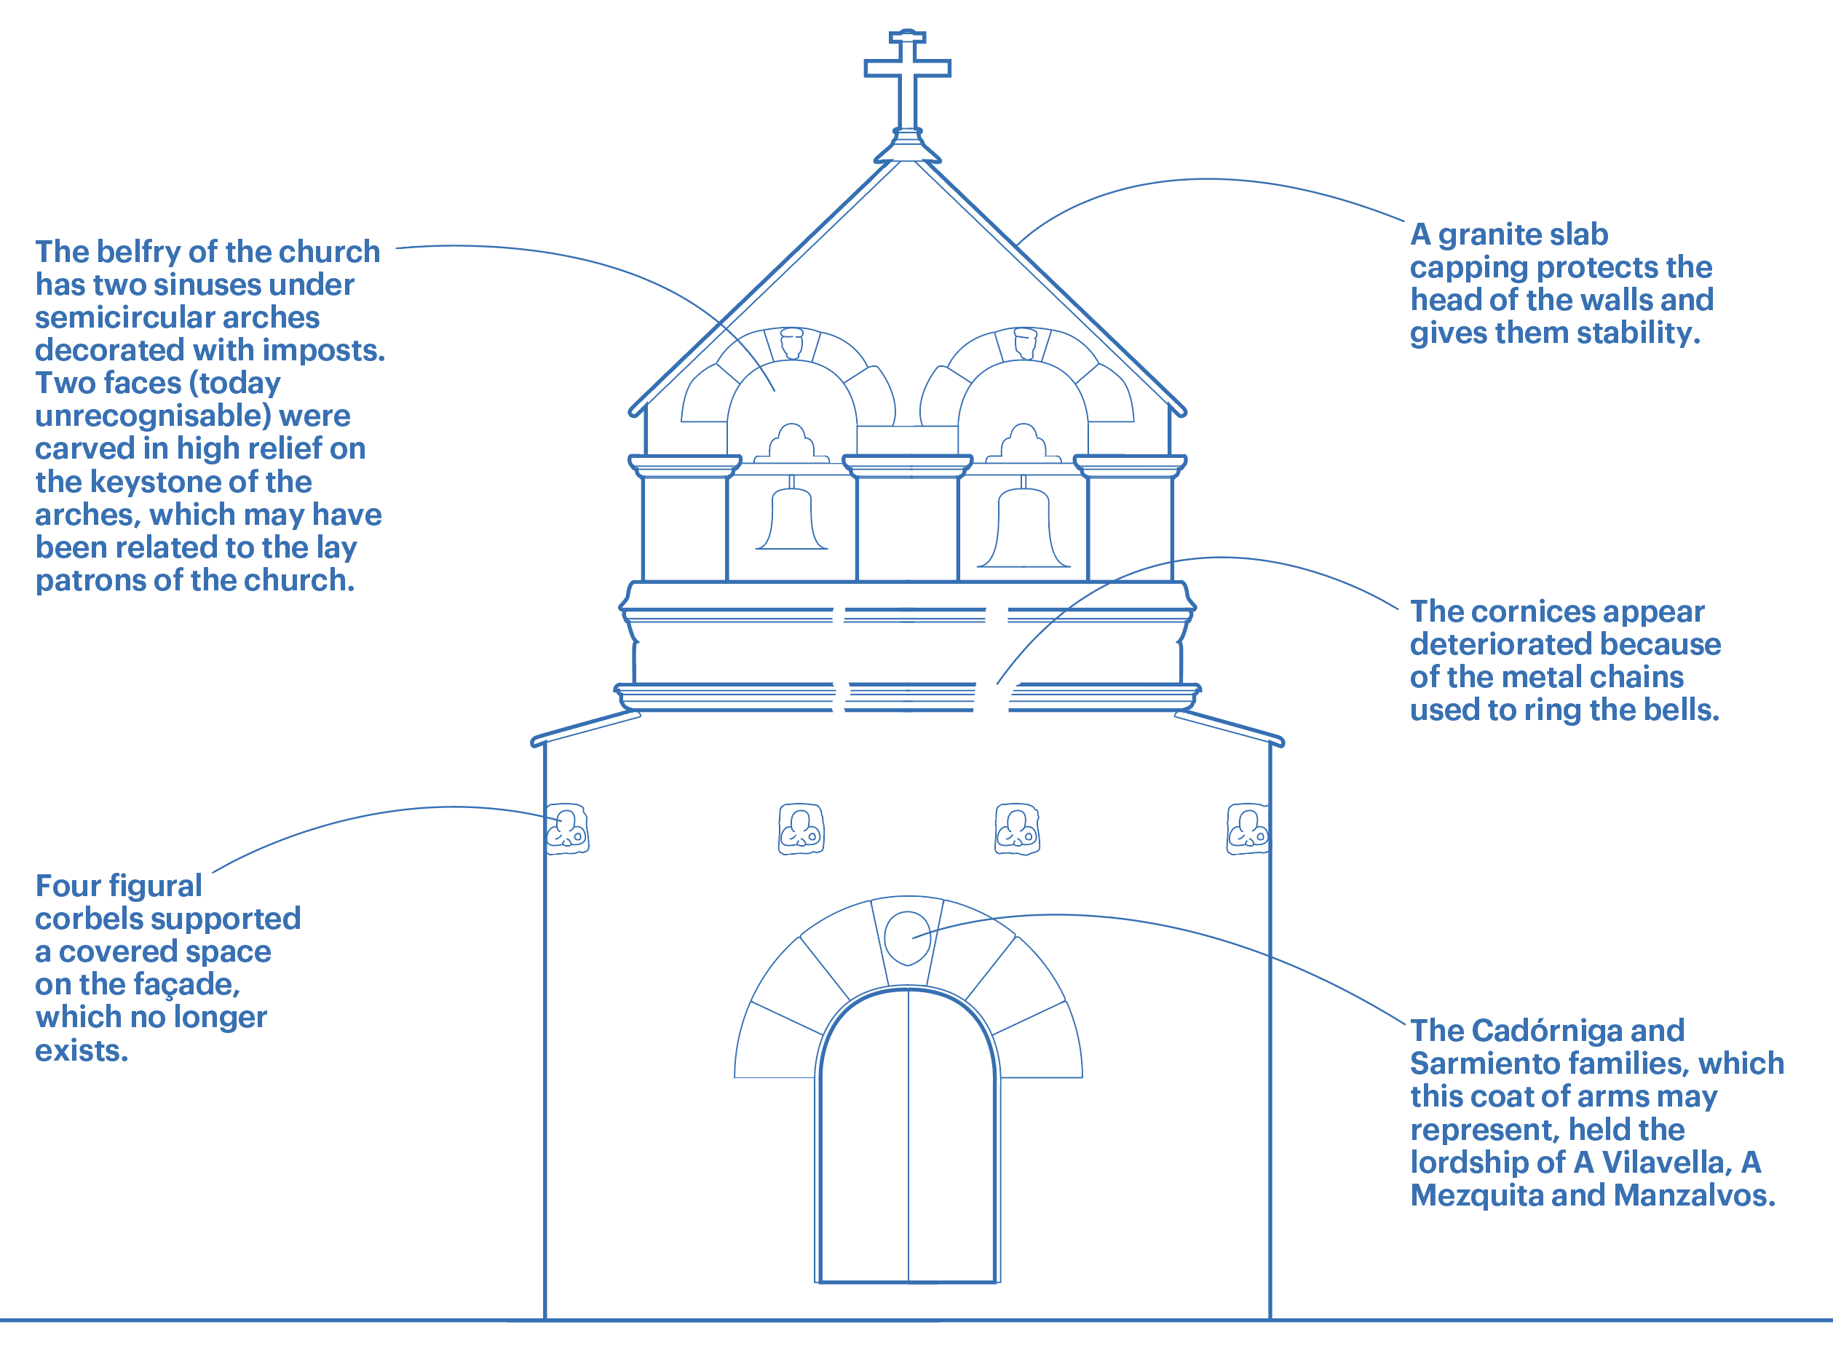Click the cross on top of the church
point(907,69)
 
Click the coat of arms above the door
point(908,938)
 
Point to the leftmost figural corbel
point(567,828)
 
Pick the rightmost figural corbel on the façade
point(1248,828)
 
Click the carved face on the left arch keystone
point(791,344)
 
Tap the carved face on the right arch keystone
point(1024,344)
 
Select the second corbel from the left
point(801,828)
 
